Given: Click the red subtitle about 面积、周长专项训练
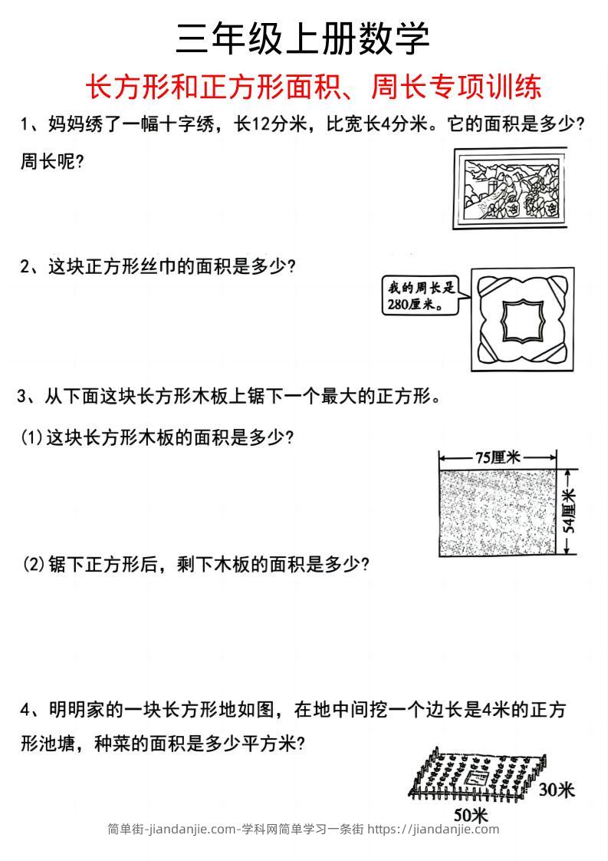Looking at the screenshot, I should [313, 87].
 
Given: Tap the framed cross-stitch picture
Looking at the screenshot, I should [512, 188].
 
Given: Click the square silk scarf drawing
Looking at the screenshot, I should [524, 318].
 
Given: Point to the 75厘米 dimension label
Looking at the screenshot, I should [498, 458].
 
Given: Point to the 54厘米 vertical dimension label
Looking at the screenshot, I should [569, 512].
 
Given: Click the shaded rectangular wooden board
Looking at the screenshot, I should [498, 512].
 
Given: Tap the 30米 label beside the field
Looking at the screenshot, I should [556, 790].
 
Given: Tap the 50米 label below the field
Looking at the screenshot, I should [470, 813].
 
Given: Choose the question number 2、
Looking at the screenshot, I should [33, 266].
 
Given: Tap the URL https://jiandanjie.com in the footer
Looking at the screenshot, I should [433, 829].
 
